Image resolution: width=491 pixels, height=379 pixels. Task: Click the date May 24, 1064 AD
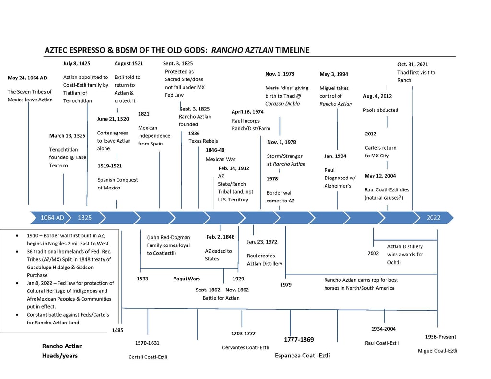tap(27, 78)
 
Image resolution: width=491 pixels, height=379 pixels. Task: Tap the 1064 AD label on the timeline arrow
tap(52, 218)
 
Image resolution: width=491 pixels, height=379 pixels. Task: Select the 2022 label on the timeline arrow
tap(433, 218)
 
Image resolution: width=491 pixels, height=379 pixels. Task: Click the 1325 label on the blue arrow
tap(85, 218)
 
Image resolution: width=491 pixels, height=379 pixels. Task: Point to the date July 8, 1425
tap(77, 63)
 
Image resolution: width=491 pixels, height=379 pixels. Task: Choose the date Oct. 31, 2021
tap(413, 64)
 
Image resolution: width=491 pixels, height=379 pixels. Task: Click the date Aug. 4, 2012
tap(377, 96)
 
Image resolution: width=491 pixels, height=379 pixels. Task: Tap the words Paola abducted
tap(381, 110)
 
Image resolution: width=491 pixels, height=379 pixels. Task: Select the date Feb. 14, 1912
tap(234, 168)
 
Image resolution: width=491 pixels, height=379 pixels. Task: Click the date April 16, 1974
tap(247, 112)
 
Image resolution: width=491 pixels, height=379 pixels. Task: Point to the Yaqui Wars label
tap(187, 279)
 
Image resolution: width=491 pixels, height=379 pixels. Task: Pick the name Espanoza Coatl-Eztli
tap(302, 356)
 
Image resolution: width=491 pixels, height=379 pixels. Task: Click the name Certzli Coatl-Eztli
tap(148, 357)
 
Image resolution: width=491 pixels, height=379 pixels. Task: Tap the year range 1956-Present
tap(440, 337)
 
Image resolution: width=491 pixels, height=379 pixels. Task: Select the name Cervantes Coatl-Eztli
tap(245, 347)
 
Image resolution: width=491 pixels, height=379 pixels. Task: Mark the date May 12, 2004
tap(380, 176)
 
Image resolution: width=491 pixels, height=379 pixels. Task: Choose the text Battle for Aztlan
tap(221, 298)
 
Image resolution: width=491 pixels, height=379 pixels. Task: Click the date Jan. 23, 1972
tap(262, 242)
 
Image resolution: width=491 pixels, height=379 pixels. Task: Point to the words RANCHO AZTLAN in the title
tap(242, 50)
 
